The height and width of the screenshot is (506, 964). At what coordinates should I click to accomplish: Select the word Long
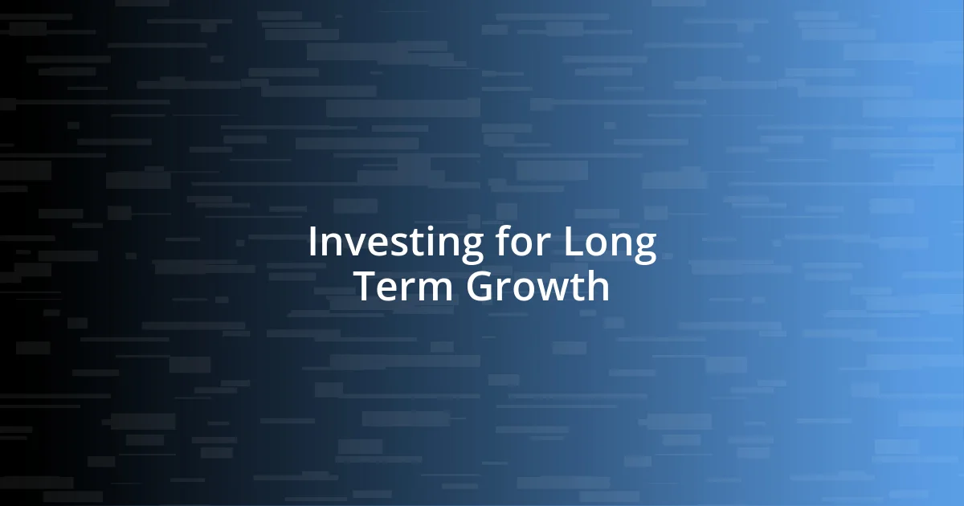point(610,244)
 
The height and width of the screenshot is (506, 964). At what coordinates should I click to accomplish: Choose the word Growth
point(537,287)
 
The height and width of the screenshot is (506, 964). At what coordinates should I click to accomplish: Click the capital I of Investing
point(312,243)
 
